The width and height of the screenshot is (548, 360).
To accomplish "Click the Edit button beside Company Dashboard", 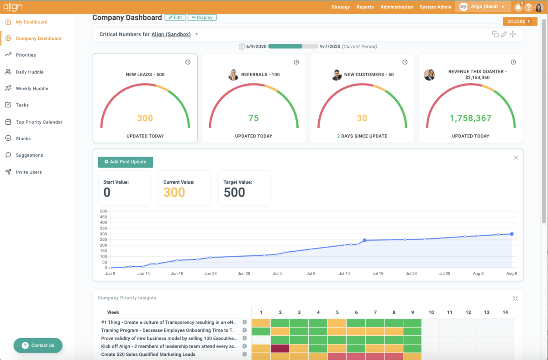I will point(175,17).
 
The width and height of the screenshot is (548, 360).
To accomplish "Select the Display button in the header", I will point(202,17).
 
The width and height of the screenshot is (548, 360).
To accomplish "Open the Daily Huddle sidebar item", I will point(30,72).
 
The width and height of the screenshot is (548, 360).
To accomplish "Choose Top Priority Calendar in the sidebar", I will point(39,122).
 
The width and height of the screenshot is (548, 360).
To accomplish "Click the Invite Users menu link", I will point(29,172).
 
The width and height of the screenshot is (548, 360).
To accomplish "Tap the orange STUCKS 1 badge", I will point(520,21).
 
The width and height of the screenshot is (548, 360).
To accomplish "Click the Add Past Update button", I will point(126,162).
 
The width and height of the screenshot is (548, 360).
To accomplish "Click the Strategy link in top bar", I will point(341,7).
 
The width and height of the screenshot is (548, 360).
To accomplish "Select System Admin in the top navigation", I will point(435,7).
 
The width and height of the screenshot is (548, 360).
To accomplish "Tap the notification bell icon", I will point(518,7).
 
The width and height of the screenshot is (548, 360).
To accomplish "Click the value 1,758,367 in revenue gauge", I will point(470,118).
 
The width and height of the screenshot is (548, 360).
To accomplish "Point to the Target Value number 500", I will point(234,192).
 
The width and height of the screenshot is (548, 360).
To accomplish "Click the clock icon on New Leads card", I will point(188,62).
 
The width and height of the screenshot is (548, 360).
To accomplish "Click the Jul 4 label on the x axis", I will point(277,274).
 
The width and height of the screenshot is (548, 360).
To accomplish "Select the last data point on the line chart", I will point(511,234).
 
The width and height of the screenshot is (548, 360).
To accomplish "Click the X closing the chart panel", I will point(516,158).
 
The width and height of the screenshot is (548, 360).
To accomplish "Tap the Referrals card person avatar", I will point(233,75).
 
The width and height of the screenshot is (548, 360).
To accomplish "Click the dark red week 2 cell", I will point(280,348).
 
